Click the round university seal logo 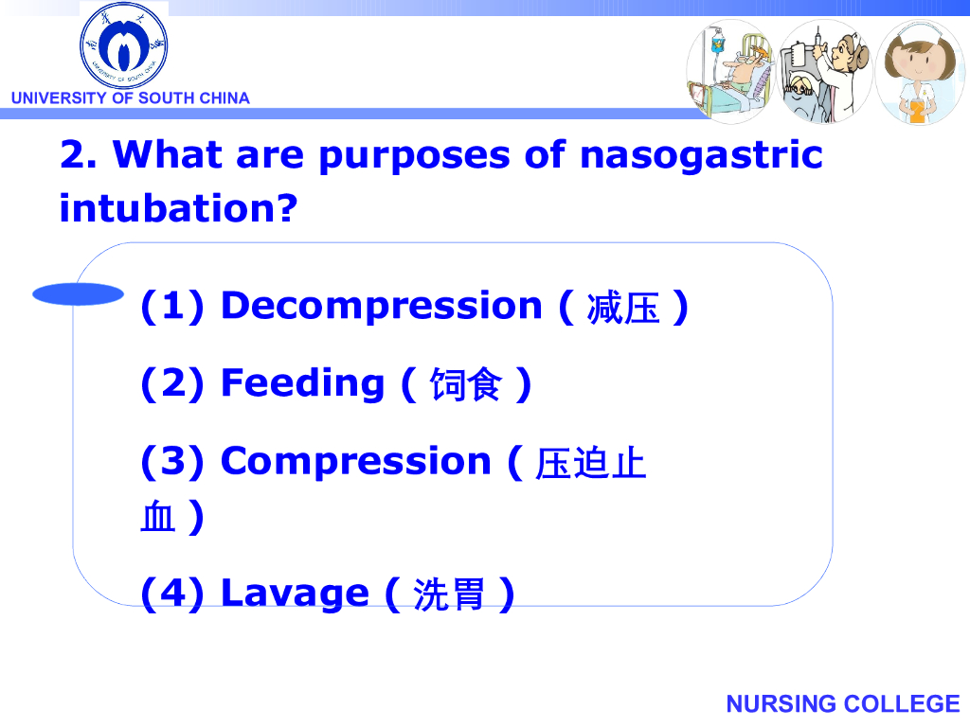coord(124,45)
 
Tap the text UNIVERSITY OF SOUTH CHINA coord(131,98)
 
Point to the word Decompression coord(382,306)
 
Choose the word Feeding coord(302,385)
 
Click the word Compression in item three coord(356,461)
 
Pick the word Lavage coord(296,594)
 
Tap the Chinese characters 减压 coord(623,308)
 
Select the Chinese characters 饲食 coord(466,384)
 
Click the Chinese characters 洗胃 coord(449,594)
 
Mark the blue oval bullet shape coord(78,294)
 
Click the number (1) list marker coord(172,307)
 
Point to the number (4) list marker coord(172,594)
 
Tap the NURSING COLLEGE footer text coord(842,703)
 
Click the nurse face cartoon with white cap coord(920,72)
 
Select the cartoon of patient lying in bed coord(731,71)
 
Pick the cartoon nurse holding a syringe coord(825,71)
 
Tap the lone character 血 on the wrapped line coord(158,517)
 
